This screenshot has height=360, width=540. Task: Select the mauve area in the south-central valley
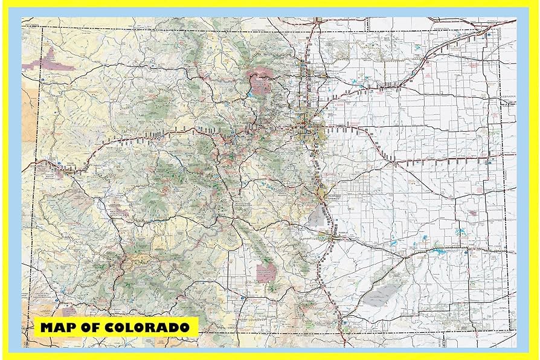[x=265, y=272]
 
